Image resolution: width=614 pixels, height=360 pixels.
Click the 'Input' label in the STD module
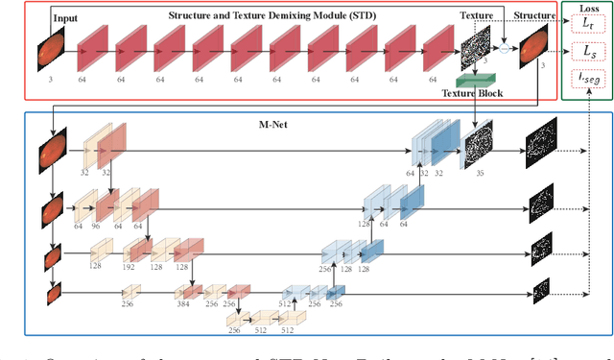click(66, 17)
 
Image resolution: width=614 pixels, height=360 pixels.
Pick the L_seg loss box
click(587, 77)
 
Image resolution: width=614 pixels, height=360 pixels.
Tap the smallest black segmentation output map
click(541, 287)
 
